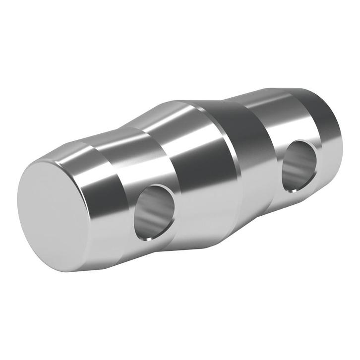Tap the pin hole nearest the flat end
pos(155,211)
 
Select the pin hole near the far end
pos(300,166)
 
